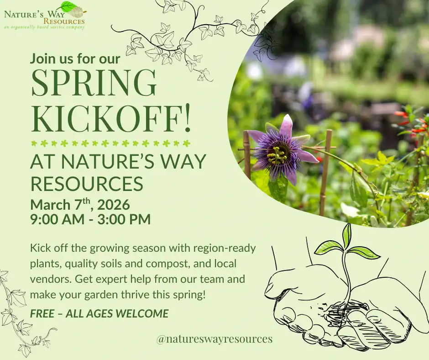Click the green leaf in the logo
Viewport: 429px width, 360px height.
click(68, 6)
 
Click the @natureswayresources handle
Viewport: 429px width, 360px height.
click(214, 339)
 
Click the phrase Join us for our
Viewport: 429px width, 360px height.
click(75, 58)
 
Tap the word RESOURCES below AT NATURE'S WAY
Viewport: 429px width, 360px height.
click(87, 183)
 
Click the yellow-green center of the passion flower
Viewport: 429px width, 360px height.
click(277, 156)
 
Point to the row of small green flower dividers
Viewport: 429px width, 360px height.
click(110, 143)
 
